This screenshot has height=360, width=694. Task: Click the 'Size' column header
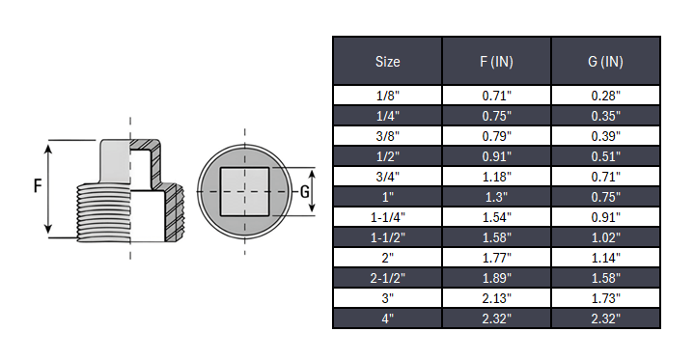[x=387, y=61]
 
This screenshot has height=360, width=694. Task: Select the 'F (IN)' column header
[x=496, y=61]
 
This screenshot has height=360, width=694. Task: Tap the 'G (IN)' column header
[x=605, y=61]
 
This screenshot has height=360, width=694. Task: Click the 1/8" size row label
[x=387, y=96]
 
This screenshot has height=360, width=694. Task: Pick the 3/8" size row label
[x=387, y=136]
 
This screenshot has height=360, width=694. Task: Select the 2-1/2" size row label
[x=387, y=278]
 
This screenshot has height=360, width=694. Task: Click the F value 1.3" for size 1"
[x=496, y=197]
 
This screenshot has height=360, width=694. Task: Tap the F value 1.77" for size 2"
[x=496, y=258]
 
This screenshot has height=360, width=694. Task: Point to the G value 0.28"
[x=605, y=96]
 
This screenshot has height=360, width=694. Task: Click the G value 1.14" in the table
[x=605, y=258]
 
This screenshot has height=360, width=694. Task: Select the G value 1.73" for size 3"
[x=605, y=298]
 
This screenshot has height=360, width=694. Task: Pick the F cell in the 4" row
[x=496, y=318]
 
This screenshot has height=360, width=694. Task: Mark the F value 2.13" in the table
[x=496, y=298]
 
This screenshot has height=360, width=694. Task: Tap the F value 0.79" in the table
[x=496, y=136]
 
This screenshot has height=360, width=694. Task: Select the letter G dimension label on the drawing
[x=305, y=190]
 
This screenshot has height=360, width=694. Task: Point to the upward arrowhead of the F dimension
[x=49, y=146]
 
